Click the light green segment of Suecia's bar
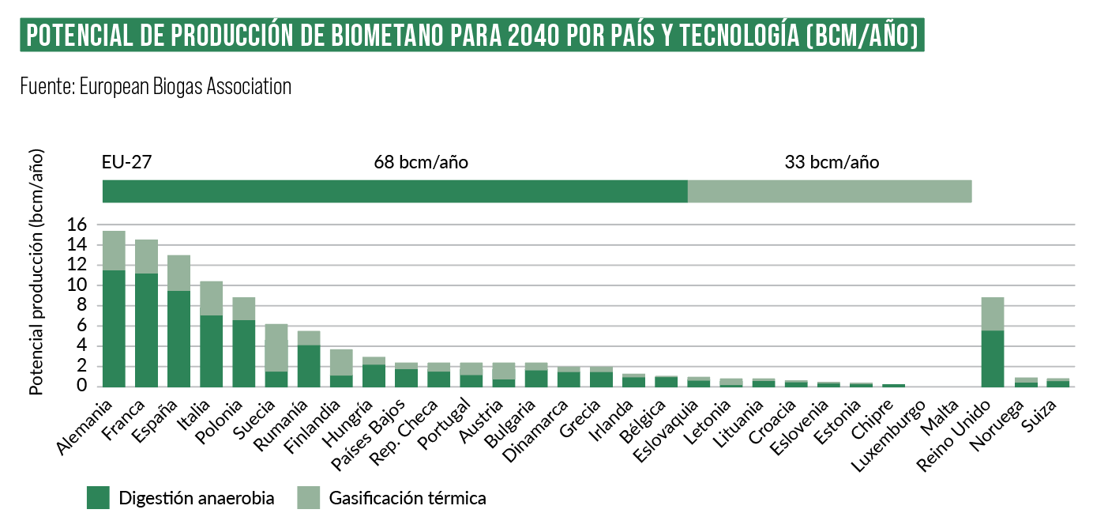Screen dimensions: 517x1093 (x=276, y=348)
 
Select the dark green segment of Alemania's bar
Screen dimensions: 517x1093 (x=114, y=328)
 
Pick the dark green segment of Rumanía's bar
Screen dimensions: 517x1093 (x=309, y=365)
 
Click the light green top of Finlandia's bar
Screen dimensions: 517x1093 (x=341, y=362)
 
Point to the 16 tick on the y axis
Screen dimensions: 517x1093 (x=76, y=225)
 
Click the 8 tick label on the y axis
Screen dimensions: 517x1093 (x=80, y=306)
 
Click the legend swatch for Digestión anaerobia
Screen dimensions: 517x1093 (x=98, y=498)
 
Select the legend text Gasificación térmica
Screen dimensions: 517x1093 (x=408, y=498)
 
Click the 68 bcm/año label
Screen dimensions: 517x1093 (x=421, y=163)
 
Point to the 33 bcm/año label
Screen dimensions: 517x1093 (x=832, y=163)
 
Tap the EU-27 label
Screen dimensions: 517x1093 (x=126, y=163)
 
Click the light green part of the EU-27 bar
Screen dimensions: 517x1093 (x=829, y=191)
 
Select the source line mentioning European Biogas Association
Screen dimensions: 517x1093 (x=156, y=86)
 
